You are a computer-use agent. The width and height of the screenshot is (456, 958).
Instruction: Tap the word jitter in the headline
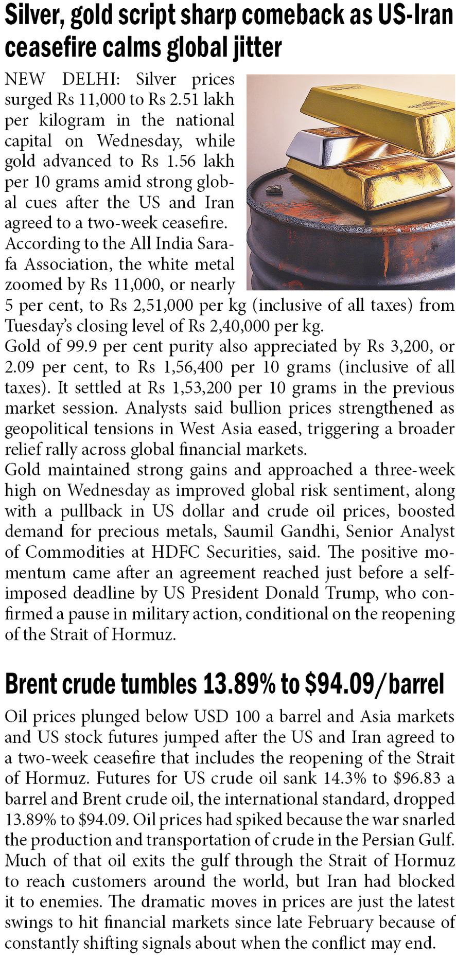coord(256,47)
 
